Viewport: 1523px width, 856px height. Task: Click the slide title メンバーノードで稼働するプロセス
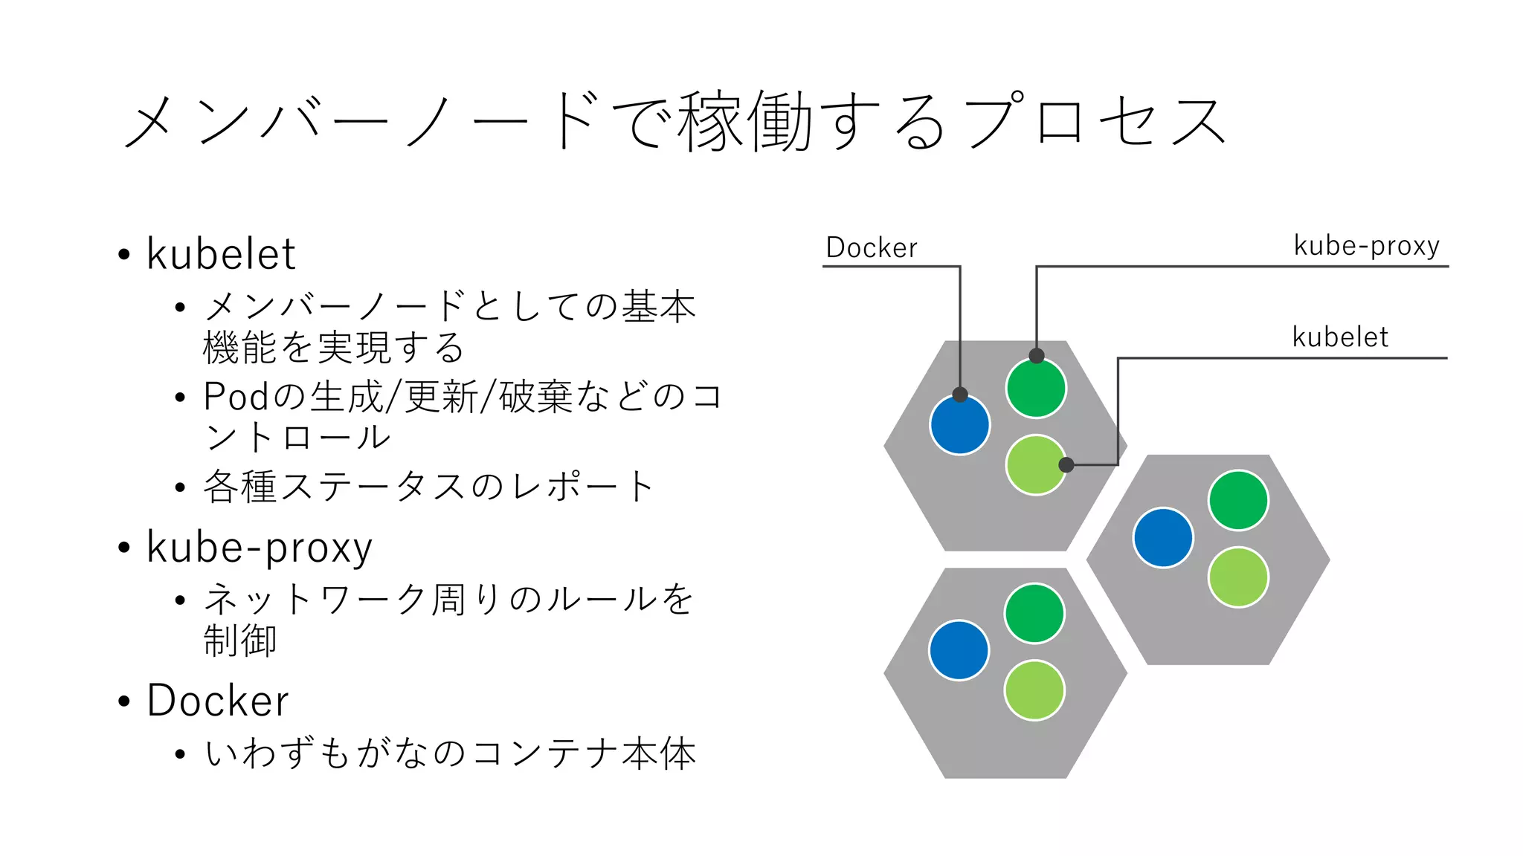[673, 121]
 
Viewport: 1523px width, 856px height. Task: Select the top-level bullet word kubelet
[221, 254]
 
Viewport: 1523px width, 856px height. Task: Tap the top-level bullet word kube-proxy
[259, 548]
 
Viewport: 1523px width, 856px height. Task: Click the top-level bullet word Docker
[218, 701]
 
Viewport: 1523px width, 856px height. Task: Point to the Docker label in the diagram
[872, 247]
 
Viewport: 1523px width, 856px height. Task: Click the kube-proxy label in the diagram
[1366, 245]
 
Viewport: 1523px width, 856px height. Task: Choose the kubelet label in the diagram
[1339, 337]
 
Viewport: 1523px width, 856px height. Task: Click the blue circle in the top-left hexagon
[959, 426]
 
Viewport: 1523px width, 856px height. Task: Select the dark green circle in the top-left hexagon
[1036, 389]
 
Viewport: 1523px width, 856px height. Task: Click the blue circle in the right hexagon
[1163, 538]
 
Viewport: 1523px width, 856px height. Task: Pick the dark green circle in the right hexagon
[1238, 501]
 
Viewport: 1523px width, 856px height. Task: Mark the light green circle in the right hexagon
[1238, 577]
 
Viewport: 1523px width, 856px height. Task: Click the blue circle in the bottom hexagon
[959, 651]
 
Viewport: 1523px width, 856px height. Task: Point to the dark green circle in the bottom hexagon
[1034, 614]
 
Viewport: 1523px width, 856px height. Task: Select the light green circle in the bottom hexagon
[1034, 690]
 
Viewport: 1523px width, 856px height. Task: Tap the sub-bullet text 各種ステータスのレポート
[428, 487]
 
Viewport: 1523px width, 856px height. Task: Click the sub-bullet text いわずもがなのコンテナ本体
[450, 753]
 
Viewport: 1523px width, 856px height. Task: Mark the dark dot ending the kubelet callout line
[1066, 465]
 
